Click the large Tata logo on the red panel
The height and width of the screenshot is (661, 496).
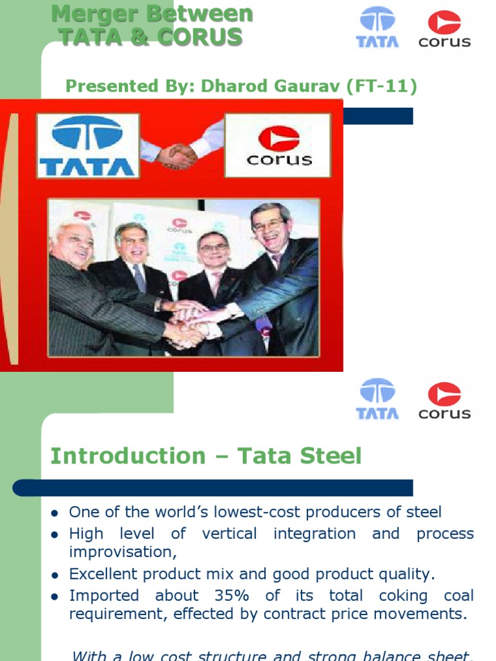pyautogui.click(x=87, y=146)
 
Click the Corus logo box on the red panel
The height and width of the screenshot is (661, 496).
pyautogui.click(x=278, y=145)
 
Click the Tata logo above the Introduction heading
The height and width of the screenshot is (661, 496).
pyautogui.click(x=377, y=399)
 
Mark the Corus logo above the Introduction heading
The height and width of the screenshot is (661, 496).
pyautogui.click(x=444, y=399)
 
